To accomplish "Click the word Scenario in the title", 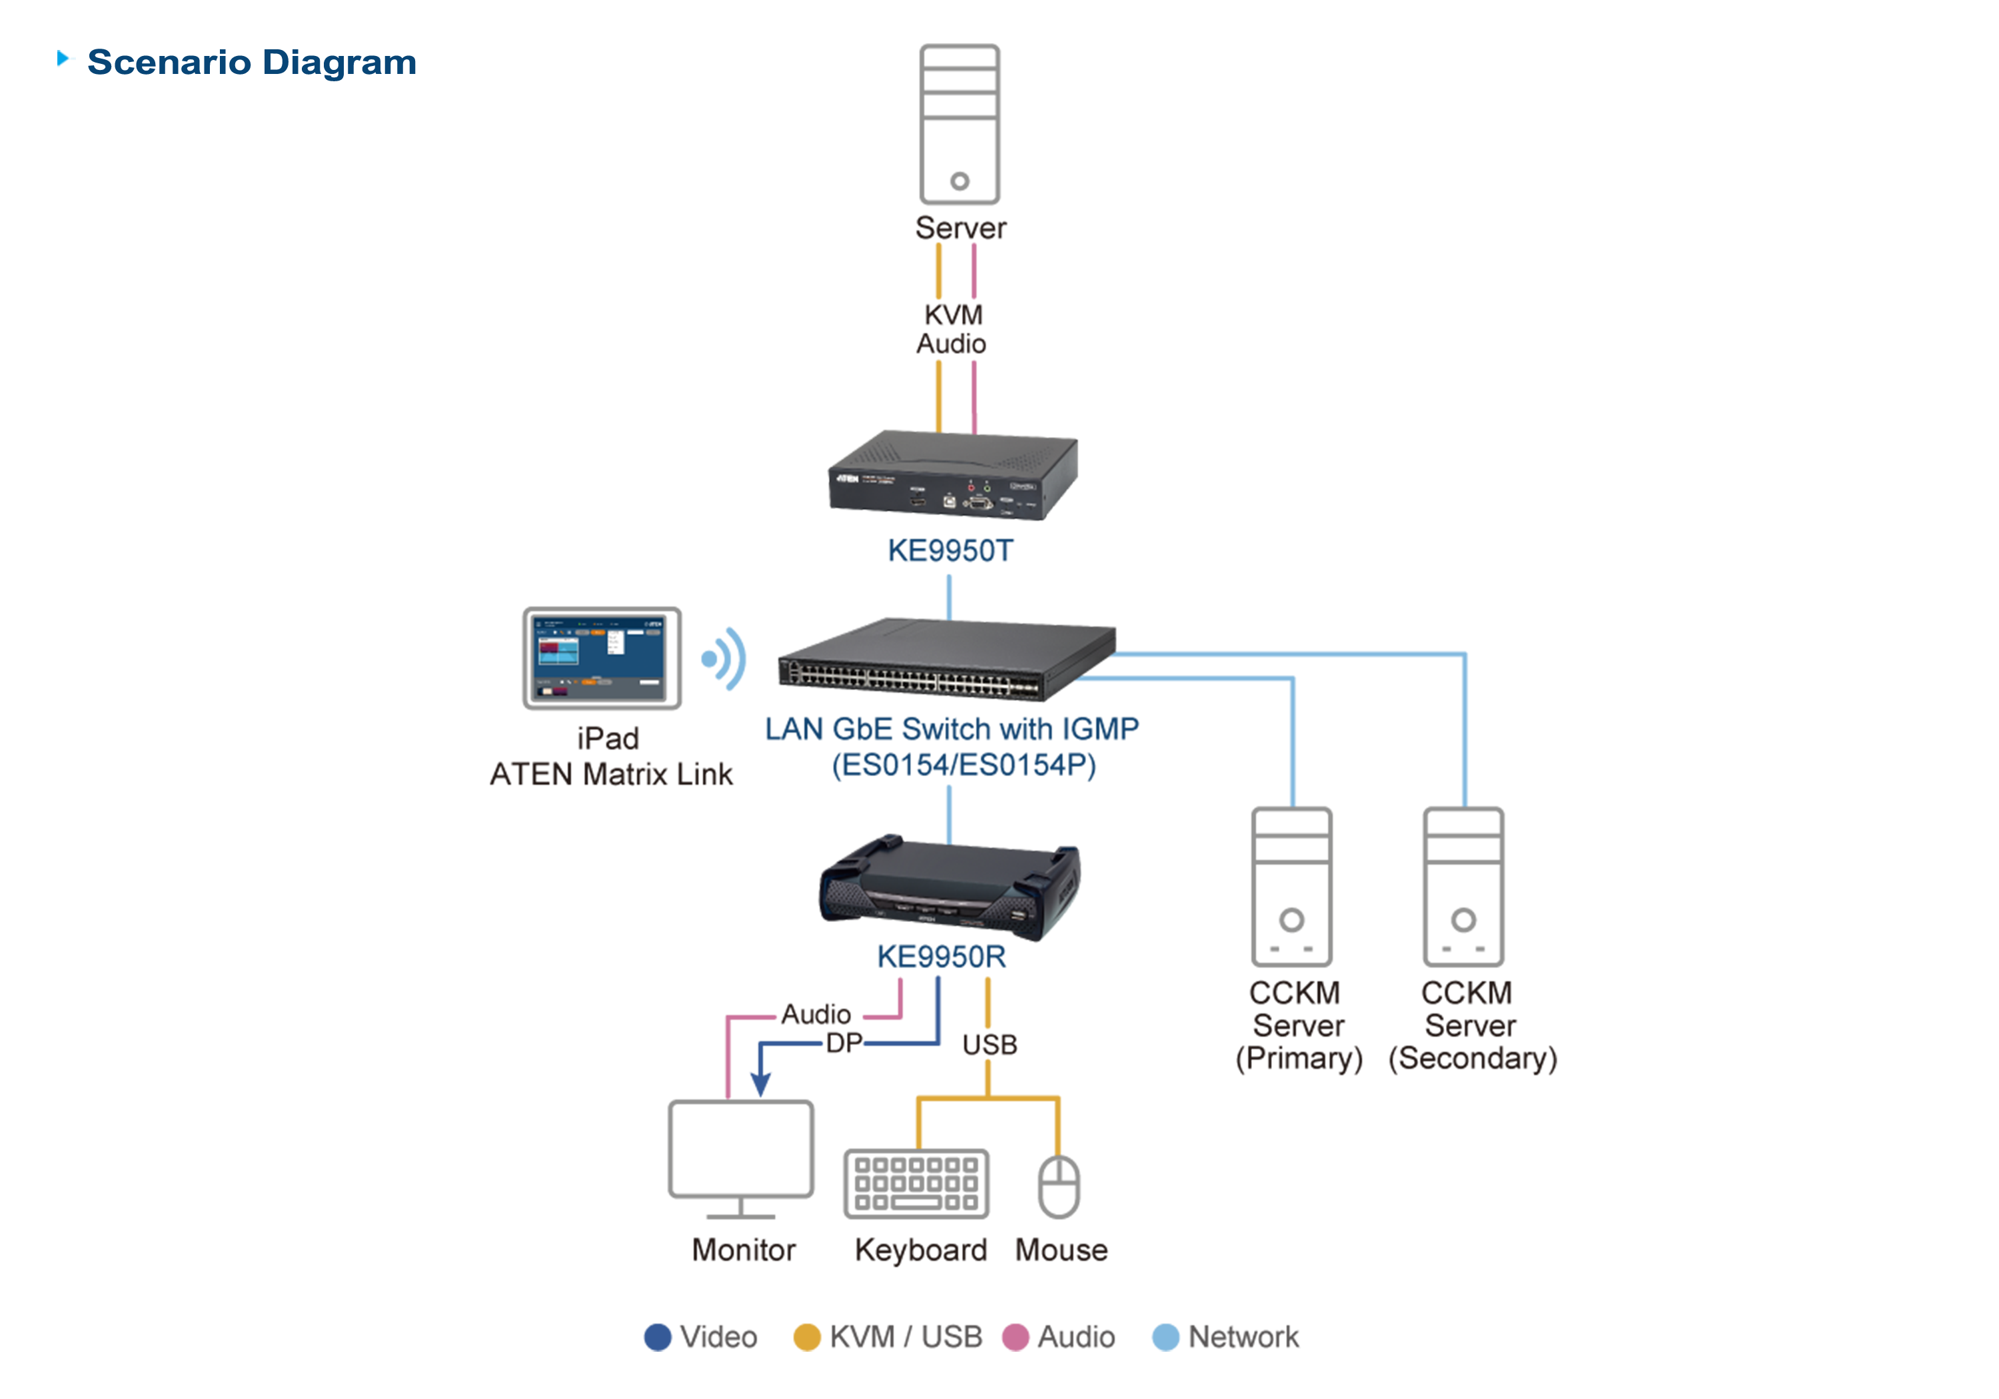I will (169, 63).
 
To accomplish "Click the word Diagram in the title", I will (340, 63).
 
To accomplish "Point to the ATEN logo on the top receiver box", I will (847, 479).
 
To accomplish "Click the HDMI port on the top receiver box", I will (918, 502).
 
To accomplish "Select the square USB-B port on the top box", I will (950, 502).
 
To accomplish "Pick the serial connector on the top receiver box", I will (979, 503).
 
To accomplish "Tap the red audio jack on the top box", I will (972, 488).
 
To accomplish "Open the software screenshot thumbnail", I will (598, 658).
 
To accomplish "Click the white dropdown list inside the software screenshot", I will (616, 642).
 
